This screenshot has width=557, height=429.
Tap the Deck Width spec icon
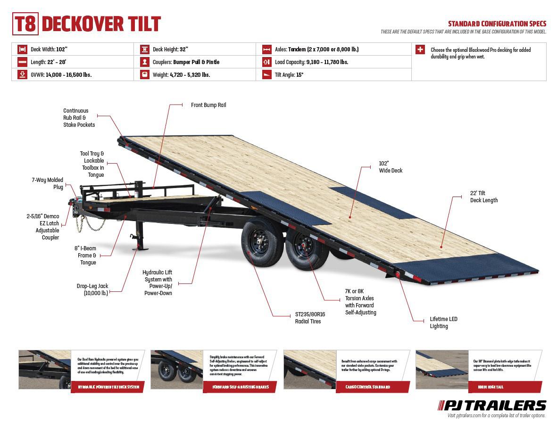pyautogui.click(x=22, y=49)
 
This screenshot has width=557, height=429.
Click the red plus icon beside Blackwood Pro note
pyautogui.click(x=420, y=49)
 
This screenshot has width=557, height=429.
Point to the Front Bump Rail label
pyautogui.click(x=208, y=105)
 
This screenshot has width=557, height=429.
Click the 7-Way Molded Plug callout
pyautogui.click(x=48, y=183)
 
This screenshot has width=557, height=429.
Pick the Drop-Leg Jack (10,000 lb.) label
pyautogui.click(x=92, y=289)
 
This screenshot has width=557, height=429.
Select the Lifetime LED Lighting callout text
pyautogui.click(x=443, y=322)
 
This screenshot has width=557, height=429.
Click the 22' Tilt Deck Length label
pyautogui.click(x=483, y=197)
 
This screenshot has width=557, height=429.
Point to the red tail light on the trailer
pyautogui.click(x=398, y=275)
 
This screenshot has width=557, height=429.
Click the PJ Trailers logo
pyautogui.click(x=492, y=405)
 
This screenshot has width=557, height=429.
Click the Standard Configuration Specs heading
pyautogui.click(x=497, y=24)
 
